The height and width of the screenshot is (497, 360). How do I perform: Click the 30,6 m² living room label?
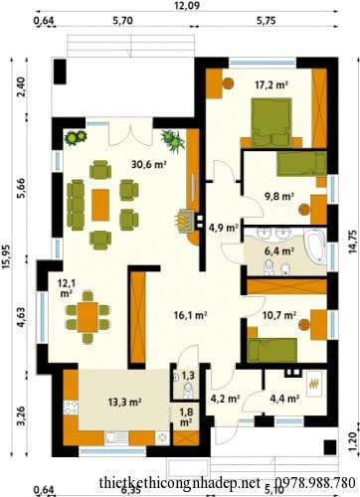pyautogui.click(x=148, y=164)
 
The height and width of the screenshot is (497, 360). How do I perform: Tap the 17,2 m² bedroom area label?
pyautogui.click(x=270, y=84)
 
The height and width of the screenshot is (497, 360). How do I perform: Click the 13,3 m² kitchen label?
pyautogui.click(x=125, y=403)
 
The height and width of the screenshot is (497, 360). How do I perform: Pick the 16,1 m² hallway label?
pyautogui.click(x=190, y=315)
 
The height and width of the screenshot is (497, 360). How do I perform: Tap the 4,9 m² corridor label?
pyautogui.click(x=224, y=228)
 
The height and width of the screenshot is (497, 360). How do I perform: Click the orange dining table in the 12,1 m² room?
pyautogui.click(x=88, y=317)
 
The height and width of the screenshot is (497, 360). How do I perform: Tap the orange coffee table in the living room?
pyautogui.click(x=100, y=205)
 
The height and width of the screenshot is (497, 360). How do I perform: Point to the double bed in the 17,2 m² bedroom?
pyautogui.click(x=271, y=122)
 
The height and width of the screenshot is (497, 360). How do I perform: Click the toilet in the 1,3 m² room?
pyautogui.click(x=188, y=391)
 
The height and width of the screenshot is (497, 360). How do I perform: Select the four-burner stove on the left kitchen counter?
pyautogui.click(x=71, y=408)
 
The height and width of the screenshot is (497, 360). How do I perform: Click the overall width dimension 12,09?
pyautogui.click(x=187, y=6)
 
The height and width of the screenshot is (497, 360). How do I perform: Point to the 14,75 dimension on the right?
pyautogui.click(x=353, y=242)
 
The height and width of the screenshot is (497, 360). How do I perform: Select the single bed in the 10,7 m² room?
pyautogui.click(x=272, y=350)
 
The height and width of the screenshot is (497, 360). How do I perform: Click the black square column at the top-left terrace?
pyautogui.click(x=60, y=72)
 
